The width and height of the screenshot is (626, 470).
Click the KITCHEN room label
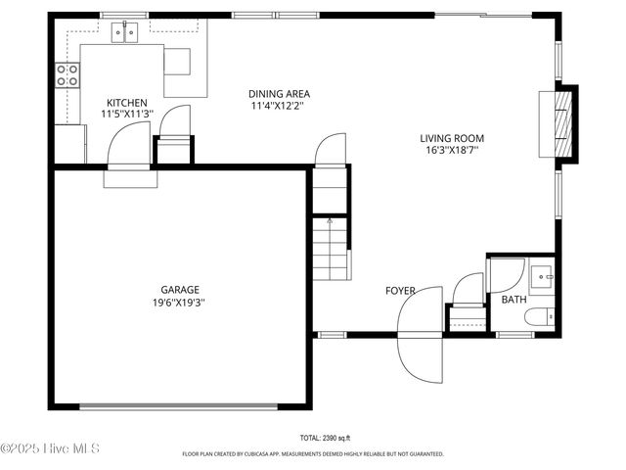click(x=127, y=103)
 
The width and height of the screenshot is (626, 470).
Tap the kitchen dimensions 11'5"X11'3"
click(x=127, y=115)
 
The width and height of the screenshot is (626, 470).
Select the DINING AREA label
click(x=279, y=94)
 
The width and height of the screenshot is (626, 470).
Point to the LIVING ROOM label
click(x=452, y=139)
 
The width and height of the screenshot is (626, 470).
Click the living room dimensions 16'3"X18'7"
click(x=452, y=151)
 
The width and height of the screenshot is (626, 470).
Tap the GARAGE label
click(x=180, y=290)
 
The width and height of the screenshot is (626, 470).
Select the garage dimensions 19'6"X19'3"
click(x=180, y=303)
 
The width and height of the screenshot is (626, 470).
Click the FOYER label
click(x=400, y=291)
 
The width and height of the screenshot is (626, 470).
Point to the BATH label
click(x=514, y=300)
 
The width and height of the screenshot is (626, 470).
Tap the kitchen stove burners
click(x=67, y=75)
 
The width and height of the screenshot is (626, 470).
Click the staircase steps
click(x=330, y=249)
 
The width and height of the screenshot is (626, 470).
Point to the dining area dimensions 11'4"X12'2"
click(x=279, y=106)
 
